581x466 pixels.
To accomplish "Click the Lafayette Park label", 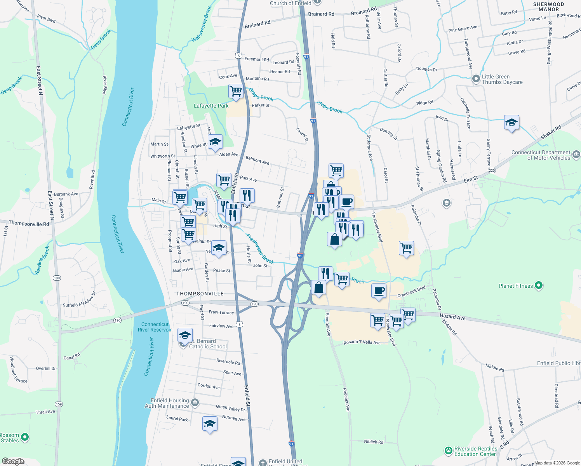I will (211, 106).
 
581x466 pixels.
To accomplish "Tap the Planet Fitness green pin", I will (538, 286).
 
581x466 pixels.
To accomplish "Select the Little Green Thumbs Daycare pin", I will (476, 79).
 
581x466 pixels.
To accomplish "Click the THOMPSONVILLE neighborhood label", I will (200, 294).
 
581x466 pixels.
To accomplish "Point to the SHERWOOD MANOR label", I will (548, 7).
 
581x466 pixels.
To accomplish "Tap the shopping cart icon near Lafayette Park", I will (236, 92).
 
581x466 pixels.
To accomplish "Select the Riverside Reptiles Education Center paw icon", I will (449, 451).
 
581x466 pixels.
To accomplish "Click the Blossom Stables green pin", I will (25, 437).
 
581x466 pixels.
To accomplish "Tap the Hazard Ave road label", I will (452, 317).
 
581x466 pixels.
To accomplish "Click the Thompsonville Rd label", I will (29, 224).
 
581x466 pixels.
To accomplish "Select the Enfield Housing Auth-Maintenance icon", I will (195, 403).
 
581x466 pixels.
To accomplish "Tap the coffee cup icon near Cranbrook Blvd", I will (379, 291).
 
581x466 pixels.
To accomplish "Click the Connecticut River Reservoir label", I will (155, 327).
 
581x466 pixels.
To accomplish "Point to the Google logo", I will (13, 461).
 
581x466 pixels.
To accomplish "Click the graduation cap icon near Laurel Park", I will (210, 424).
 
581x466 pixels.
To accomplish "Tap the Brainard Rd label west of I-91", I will (257, 24).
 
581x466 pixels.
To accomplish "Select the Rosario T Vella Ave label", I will (362, 342).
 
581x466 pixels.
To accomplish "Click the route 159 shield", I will (59, 404).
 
